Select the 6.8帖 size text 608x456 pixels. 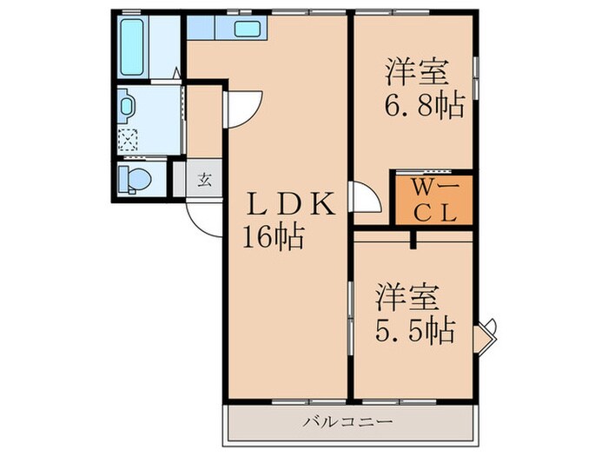coord(424,106)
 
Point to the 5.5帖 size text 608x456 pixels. coord(414,329)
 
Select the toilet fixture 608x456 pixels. coord(135,180)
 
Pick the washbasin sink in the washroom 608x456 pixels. coord(128,106)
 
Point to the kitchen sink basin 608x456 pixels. coord(248,30)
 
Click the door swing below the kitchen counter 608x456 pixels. coord(242,108)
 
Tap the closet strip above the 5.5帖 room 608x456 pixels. coord(413,235)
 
